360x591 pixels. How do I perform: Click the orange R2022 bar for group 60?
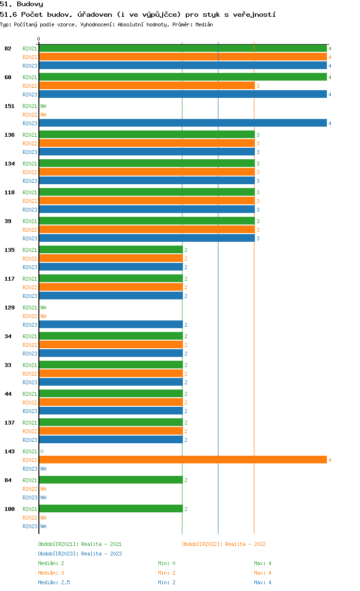[147, 86]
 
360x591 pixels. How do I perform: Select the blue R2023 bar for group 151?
[183, 123]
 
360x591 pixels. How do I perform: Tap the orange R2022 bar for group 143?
[183, 460]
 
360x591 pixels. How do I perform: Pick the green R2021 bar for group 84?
[111, 480]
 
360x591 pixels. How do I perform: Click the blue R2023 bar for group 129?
[111, 324]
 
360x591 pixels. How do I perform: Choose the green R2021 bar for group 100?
[111, 508]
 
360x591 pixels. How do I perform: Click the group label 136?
[10, 135]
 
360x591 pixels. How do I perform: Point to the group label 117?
[10, 279]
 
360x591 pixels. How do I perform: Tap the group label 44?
[8, 394]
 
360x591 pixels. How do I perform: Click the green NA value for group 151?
[43, 106]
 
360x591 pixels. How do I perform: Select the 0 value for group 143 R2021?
[42, 451]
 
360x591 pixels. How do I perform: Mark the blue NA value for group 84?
[43, 497]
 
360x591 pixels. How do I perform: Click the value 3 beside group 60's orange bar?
[258, 86]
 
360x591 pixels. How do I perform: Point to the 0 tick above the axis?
[38, 39]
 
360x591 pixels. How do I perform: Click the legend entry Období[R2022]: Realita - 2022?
[224, 544]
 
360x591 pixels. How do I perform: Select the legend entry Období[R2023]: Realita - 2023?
[80, 554]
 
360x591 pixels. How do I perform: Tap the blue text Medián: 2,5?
[54, 582]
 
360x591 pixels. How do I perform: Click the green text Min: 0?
[167, 563]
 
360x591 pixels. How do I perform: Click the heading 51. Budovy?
[22, 4]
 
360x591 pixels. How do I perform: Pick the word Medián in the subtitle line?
[204, 24]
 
